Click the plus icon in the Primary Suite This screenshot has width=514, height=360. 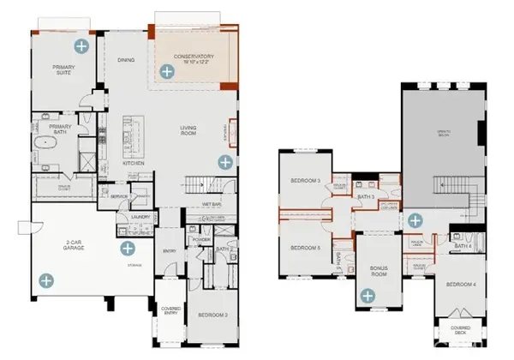point(81,45)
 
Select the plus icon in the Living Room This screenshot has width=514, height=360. point(225,161)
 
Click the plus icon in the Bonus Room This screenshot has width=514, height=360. point(368,296)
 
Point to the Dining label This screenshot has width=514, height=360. point(127,61)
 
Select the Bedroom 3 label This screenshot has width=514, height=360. point(306,181)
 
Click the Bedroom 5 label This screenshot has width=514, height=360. point(306,249)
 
